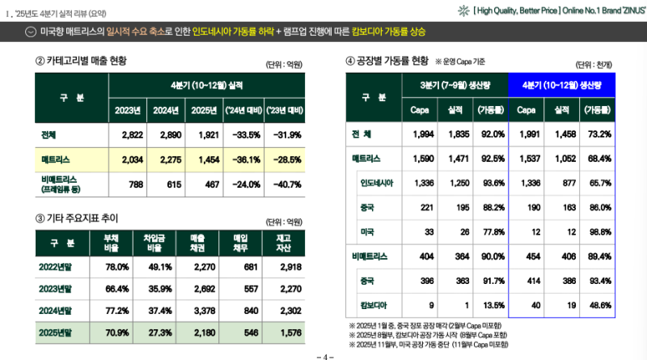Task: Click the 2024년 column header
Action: tap(165, 110)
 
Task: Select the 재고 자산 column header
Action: tap(283, 242)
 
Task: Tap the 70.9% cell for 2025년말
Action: tap(117, 332)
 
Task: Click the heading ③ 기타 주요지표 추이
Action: tap(77, 218)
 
